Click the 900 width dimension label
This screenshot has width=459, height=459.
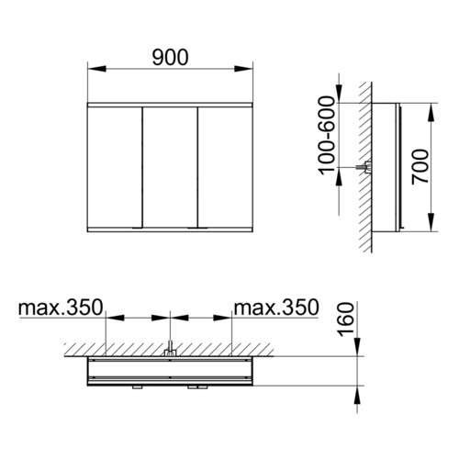170,58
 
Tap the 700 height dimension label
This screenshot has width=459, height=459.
420,167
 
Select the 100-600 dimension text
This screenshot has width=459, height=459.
327,135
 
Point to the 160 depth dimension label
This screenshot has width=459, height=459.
346,319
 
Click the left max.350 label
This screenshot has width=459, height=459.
61,308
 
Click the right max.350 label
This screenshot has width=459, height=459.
276,308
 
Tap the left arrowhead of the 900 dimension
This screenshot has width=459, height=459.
96,69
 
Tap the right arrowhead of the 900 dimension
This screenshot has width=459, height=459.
243,69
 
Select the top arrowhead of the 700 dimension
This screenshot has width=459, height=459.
431,113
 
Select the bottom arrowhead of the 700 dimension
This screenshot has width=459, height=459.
431,222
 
